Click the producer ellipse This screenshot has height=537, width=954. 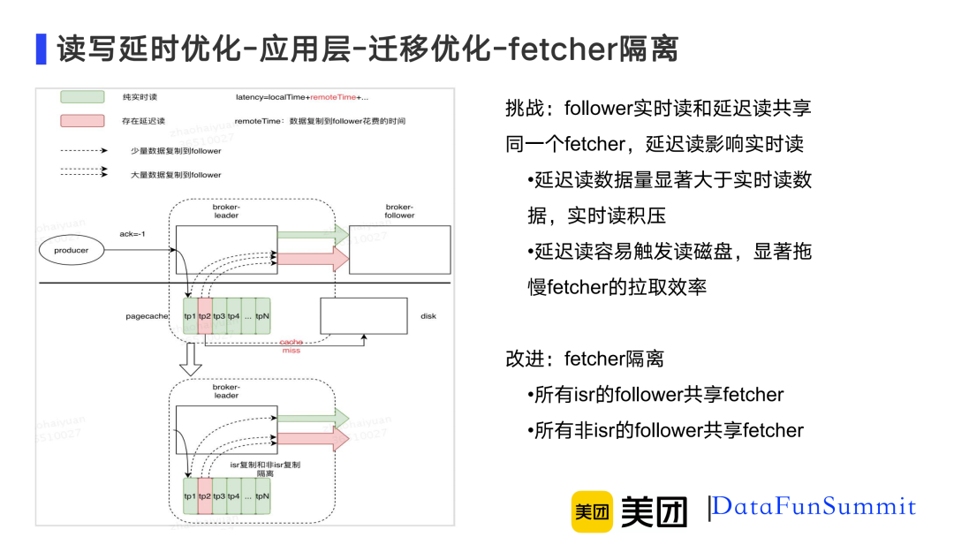pyautogui.click(x=72, y=251)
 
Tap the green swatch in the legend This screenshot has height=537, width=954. pyautogui.click(x=83, y=96)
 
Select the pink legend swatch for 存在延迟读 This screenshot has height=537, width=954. pyautogui.click(x=83, y=121)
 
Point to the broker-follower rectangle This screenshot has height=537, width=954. pyautogui.click(x=399, y=249)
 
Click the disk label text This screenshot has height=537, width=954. pyautogui.click(x=428, y=316)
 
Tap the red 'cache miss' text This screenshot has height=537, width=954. pyautogui.click(x=291, y=346)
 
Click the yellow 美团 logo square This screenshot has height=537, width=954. pyautogui.click(x=591, y=511)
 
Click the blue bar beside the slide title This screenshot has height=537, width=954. pyautogui.click(x=41, y=49)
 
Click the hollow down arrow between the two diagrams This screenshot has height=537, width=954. pyautogui.click(x=190, y=359)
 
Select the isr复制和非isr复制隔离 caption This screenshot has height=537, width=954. pyautogui.click(x=265, y=468)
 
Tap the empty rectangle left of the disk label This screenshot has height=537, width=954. pyautogui.click(x=363, y=316)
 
